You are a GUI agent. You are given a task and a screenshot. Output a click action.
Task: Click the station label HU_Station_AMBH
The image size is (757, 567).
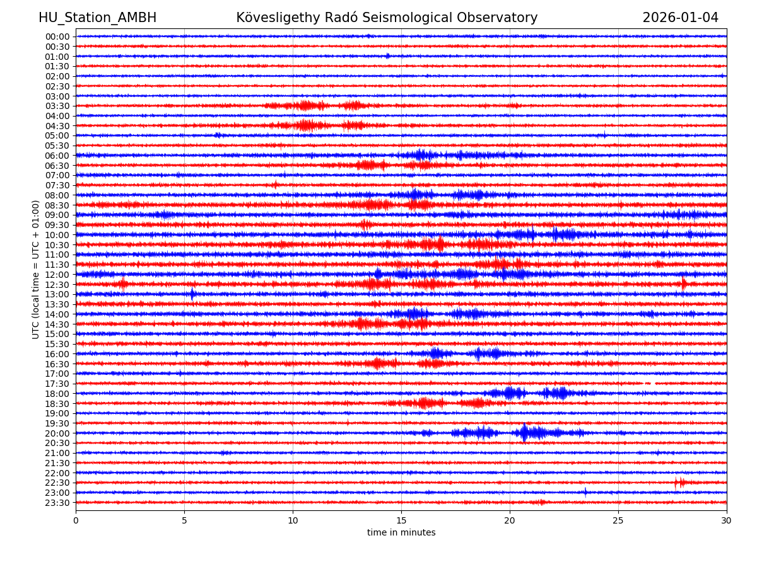pos(97,18)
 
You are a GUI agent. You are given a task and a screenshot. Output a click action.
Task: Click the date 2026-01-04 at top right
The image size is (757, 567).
pos(680,18)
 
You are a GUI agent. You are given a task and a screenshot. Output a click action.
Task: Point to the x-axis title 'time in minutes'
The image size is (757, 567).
pos(401,533)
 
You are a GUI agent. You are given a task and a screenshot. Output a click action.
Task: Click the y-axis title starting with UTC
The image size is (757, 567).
pos(36,269)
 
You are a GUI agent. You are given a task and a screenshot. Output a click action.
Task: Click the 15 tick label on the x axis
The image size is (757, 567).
pos(401,521)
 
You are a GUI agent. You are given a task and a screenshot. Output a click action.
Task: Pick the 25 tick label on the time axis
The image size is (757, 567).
pos(618,521)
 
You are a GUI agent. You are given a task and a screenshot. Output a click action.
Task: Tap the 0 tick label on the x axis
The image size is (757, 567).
pos(76,521)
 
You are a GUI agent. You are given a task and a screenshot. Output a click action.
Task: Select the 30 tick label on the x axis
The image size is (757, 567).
pos(727,521)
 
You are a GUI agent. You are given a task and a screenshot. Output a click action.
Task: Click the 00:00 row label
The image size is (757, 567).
pos(57,37)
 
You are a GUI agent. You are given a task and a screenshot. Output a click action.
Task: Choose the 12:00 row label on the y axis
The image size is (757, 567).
pos(57,275)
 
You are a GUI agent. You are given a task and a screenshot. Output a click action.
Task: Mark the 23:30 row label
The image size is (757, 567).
pos(57,503)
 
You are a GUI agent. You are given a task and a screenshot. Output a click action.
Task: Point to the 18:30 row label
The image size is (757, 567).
pos(57,404)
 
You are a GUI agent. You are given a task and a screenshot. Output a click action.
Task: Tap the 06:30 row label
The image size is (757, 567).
pos(57,166)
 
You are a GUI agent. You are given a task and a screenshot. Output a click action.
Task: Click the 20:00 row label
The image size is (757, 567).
pos(57,433)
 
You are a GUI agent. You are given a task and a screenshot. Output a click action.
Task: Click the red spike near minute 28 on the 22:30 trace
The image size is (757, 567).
pos(678,483)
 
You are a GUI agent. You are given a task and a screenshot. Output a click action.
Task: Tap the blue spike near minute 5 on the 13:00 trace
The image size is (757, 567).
pos(192,294)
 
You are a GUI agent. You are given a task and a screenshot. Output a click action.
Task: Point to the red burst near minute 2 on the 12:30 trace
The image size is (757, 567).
pos(122,284)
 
